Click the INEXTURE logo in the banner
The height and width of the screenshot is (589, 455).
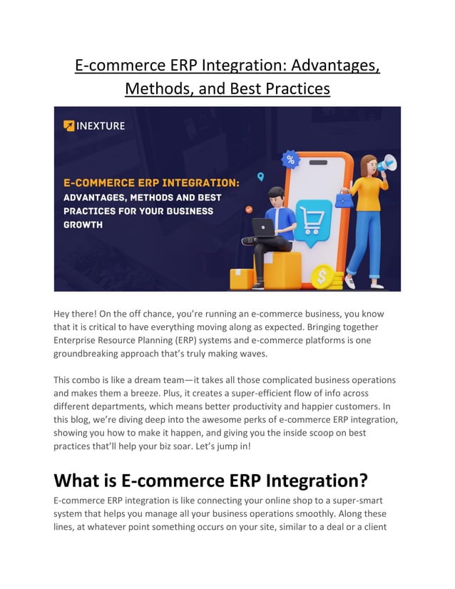(x=94, y=126)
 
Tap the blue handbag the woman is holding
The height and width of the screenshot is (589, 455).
(x=344, y=200)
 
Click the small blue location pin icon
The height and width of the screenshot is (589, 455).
(x=260, y=176)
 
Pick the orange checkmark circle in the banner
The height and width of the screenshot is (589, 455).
(x=249, y=210)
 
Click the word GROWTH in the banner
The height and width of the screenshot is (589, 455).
(x=83, y=225)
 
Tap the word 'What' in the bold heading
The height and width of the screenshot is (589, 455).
(x=83, y=478)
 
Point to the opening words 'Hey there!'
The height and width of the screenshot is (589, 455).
(x=77, y=314)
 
